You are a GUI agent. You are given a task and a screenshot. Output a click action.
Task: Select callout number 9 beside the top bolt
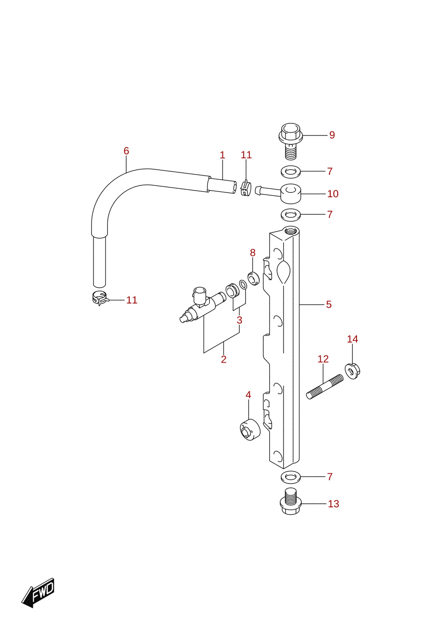coord(332,135)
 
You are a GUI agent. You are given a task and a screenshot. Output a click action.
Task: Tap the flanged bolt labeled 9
coord(290,141)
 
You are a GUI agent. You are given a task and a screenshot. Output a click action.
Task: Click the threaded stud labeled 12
coord(325,387)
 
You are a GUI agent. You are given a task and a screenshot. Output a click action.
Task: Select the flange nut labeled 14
coord(352,371)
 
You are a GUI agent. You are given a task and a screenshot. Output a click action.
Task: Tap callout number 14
coord(352,339)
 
